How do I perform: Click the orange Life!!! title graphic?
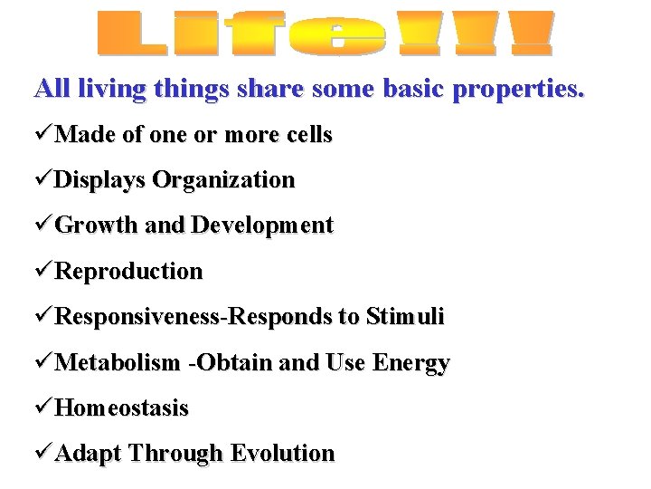click(x=325, y=34)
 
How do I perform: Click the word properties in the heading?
click(x=524, y=90)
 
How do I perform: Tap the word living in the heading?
click(x=110, y=90)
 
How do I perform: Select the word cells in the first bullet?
click(x=307, y=136)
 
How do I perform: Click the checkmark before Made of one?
click(x=43, y=136)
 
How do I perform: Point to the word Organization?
click(x=223, y=181)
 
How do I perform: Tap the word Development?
click(x=263, y=226)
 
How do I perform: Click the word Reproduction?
click(x=129, y=272)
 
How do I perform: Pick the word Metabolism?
click(x=118, y=363)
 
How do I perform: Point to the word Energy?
click(x=410, y=364)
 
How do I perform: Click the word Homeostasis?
click(x=122, y=408)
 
